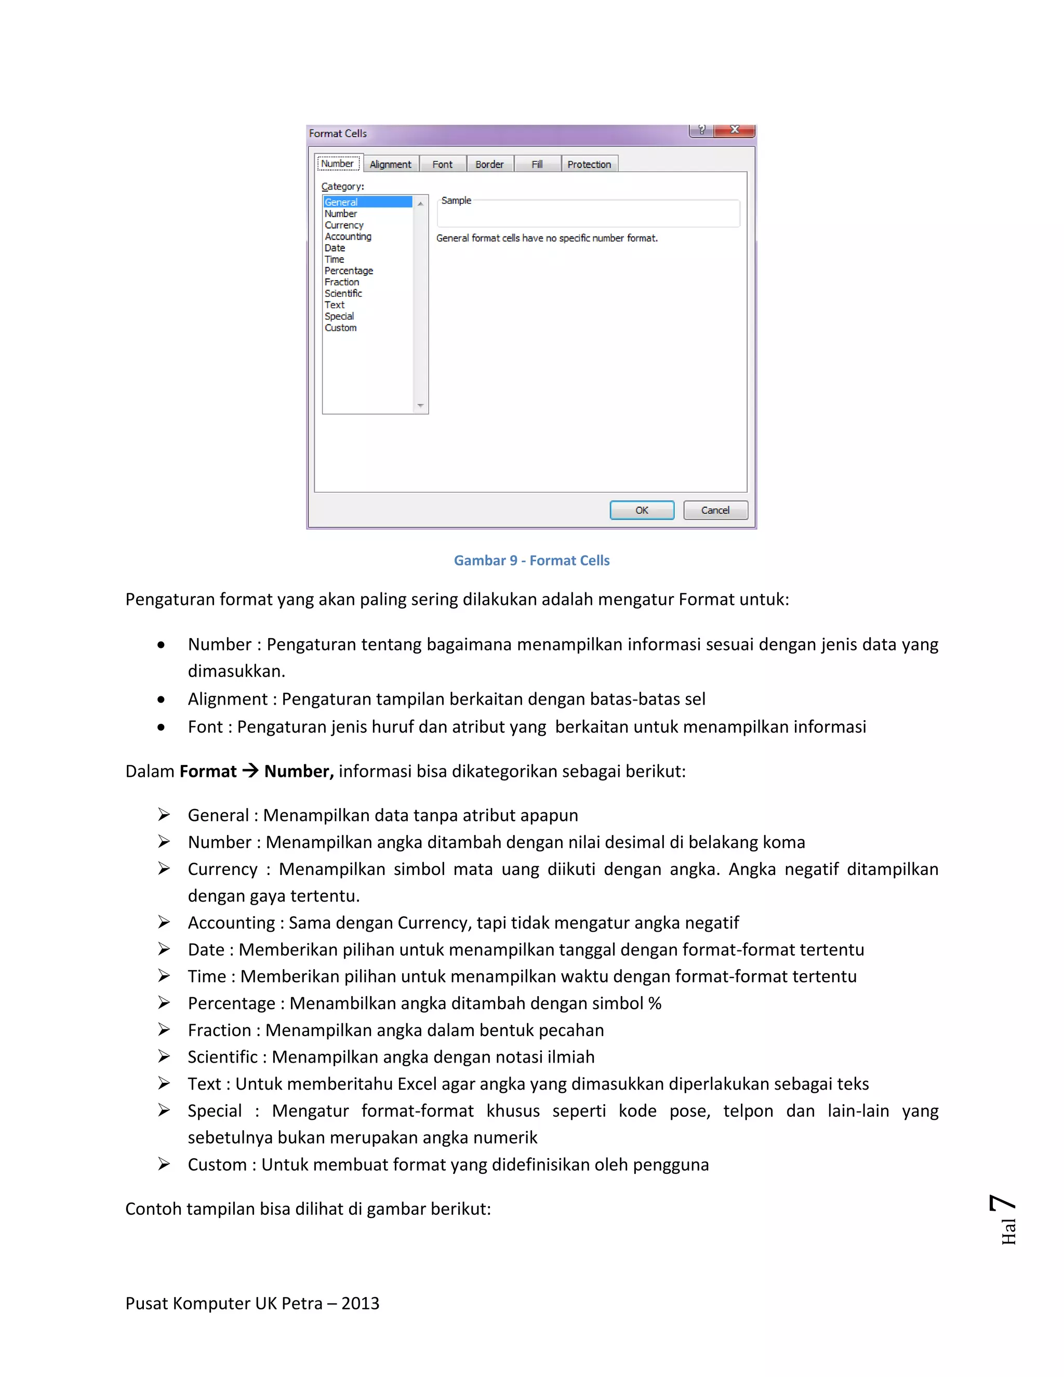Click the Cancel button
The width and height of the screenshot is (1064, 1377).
point(715,510)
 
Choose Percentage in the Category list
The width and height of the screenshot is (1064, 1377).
point(349,271)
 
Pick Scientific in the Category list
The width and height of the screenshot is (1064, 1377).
point(343,293)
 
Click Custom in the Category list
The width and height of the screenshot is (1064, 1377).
point(340,328)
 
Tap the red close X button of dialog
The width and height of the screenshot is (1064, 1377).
point(734,130)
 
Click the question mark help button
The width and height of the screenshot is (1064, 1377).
point(701,130)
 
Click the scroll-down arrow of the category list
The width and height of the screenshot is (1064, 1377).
point(420,406)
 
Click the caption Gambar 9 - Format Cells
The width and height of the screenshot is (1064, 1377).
point(531,561)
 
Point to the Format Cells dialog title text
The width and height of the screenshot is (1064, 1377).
point(338,134)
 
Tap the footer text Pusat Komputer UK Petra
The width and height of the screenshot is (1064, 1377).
point(252,1303)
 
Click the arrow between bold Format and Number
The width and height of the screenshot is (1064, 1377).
point(250,771)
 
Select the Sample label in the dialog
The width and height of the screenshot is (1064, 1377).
point(456,201)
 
